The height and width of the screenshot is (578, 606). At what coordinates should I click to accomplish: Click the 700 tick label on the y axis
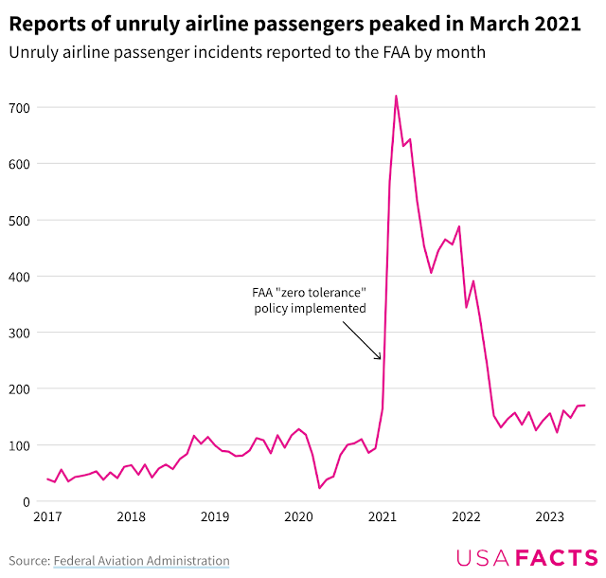[19, 108]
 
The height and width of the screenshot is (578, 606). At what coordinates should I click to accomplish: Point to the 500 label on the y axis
[19, 221]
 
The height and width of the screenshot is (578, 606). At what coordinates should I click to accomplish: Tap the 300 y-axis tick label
[19, 334]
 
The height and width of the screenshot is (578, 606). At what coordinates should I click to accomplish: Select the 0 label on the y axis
[27, 502]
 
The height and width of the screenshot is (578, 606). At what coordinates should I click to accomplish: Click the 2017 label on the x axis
[47, 517]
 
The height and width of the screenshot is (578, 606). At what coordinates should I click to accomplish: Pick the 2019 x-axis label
[215, 517]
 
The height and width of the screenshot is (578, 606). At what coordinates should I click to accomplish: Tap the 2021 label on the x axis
[383, 517]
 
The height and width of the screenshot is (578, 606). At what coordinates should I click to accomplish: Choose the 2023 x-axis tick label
[550, 517]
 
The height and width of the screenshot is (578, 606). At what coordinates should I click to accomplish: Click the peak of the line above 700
[396, 96]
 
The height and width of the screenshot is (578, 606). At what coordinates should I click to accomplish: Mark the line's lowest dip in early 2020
[319, 488]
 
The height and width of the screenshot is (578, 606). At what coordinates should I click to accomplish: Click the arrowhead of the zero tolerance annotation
[381, 359]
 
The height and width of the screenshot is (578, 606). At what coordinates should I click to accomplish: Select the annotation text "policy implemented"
[310, 309]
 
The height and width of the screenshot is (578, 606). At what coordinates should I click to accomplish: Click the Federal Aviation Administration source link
[141, 561]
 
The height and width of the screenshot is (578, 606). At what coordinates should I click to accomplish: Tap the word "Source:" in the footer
[29, 561]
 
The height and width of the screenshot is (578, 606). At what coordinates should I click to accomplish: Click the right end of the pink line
[584, 406]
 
